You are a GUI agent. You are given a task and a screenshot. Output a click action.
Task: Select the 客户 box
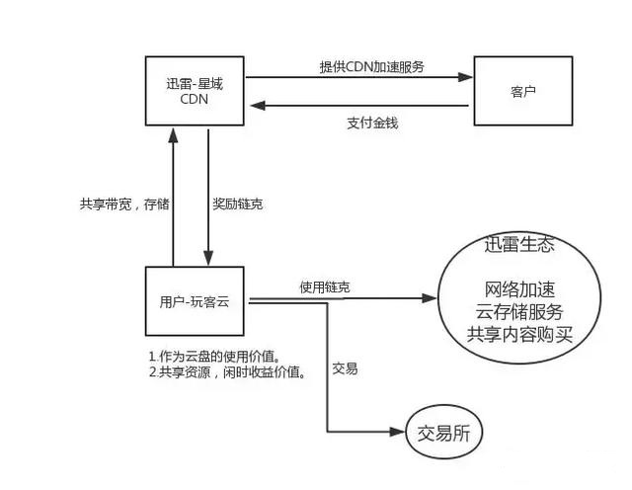523,90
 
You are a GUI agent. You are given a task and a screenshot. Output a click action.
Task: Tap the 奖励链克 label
237,204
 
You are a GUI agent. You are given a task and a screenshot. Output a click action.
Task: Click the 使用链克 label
324,286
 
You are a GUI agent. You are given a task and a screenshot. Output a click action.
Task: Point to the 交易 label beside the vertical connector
345,368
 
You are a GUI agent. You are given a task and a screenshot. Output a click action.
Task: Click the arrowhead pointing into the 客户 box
468,76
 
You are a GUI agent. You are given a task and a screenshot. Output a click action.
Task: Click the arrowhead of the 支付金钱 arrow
252,104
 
